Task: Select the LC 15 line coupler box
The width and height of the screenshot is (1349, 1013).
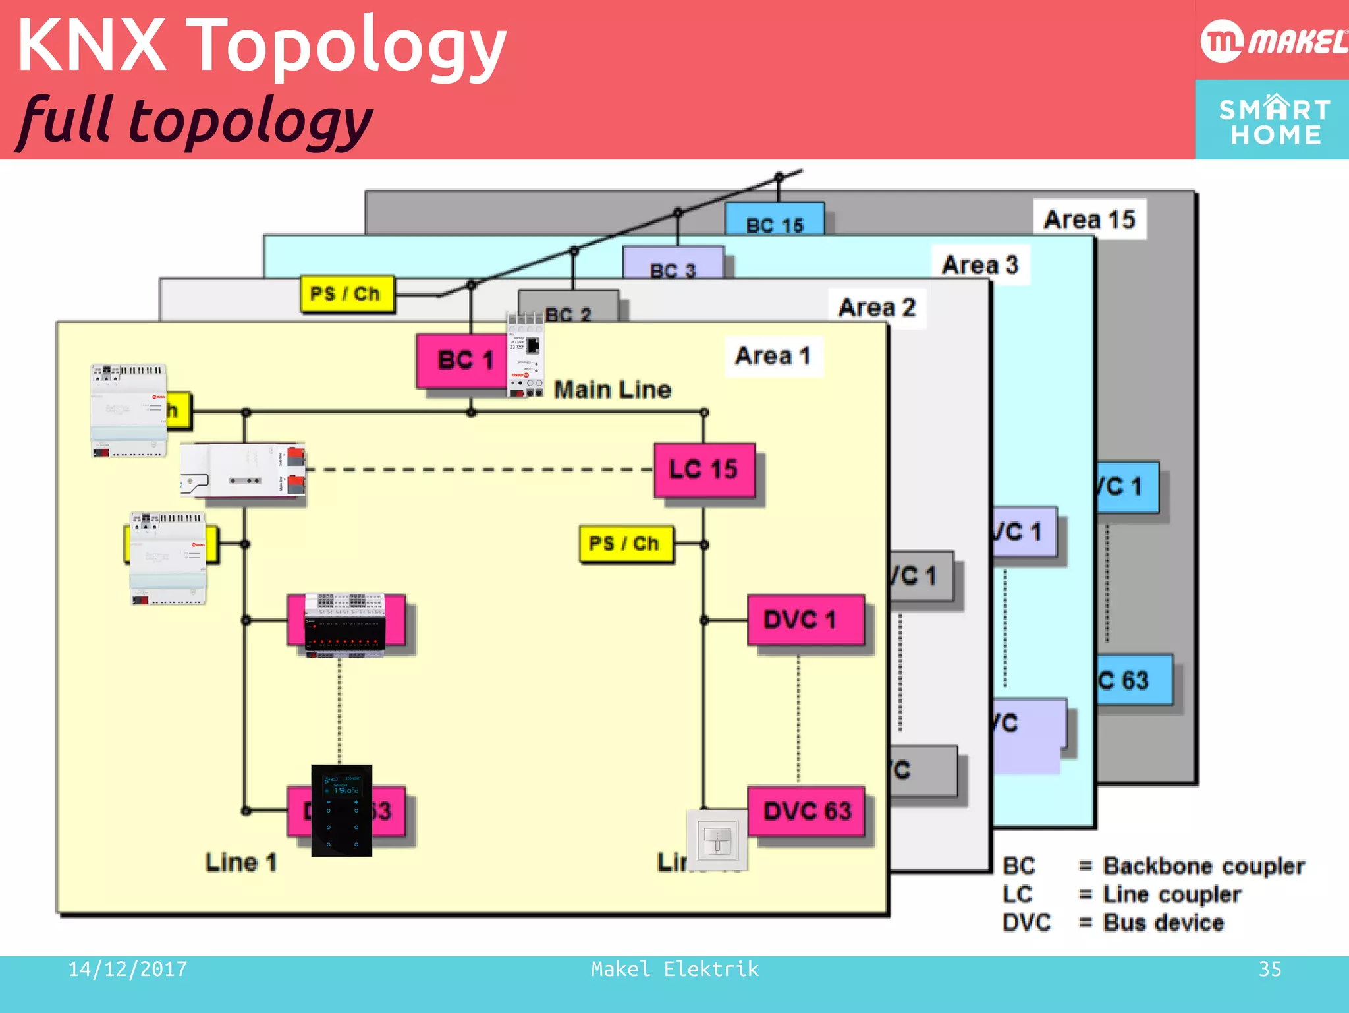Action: [x=703, y=470]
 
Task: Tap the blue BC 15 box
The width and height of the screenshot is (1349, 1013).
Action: [x=775, y=220]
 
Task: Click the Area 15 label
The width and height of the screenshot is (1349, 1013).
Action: [x=1089, y=219]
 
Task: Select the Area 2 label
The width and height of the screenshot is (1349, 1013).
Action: [x=877, y=308]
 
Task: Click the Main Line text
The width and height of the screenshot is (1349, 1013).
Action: [x=612, y=390]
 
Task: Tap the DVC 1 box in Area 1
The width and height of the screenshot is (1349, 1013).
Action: [x=805, y=620]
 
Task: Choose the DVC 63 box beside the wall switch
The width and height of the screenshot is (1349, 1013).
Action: [x=807, y=811]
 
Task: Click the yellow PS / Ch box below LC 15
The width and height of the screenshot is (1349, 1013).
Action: [x=625, y=544]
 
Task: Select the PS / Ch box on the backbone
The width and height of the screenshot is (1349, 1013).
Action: [x=346, y=293]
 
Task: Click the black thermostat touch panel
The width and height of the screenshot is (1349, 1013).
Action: [x=341, y=811]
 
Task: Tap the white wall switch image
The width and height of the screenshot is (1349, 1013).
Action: [x=717, y=841]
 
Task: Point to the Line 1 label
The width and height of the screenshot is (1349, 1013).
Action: [x=241, y=862]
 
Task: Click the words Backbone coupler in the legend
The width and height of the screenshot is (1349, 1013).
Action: [x=1203, y=865]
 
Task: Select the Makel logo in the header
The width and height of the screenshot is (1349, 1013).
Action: [x=1273, y=41]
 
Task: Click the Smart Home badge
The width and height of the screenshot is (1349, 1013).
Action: [x=1273, y=121]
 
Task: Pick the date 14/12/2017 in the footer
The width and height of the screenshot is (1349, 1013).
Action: [x=128, y=969]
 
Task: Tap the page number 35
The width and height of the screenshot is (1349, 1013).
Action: [x=1269, y=969]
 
